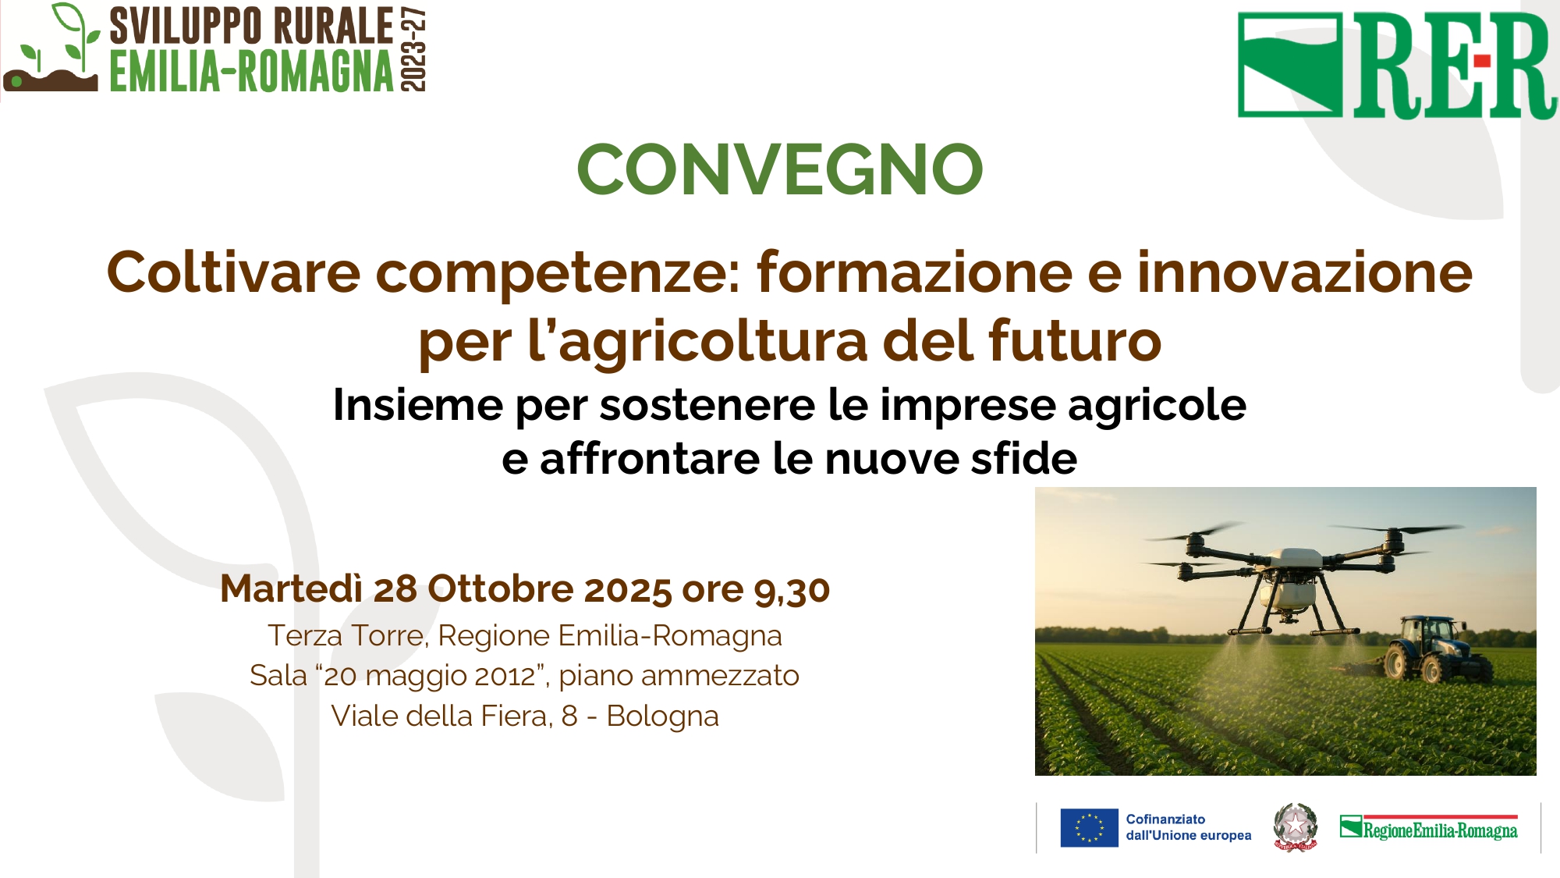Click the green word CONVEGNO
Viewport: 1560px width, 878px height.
click(x=779, y=169)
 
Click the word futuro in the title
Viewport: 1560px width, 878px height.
click(x=1075, y=341)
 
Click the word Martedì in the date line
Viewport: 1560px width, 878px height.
click(x=292, y=588)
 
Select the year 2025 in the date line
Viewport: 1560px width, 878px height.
click(x=628, y=589)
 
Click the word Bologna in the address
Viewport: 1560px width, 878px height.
click(x=662, y=716)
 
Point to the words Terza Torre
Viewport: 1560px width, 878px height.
click(x=347, y=635)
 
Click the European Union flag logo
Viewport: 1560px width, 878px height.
click(x=1089, y=828)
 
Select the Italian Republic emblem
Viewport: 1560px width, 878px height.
click(x=1295, y=826)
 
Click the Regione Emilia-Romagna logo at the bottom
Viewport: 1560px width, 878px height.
click(x=1429, y=827)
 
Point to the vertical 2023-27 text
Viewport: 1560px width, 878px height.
click(x=413, y=49)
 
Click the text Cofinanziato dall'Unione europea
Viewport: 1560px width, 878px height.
click(x=1188, y=827)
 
